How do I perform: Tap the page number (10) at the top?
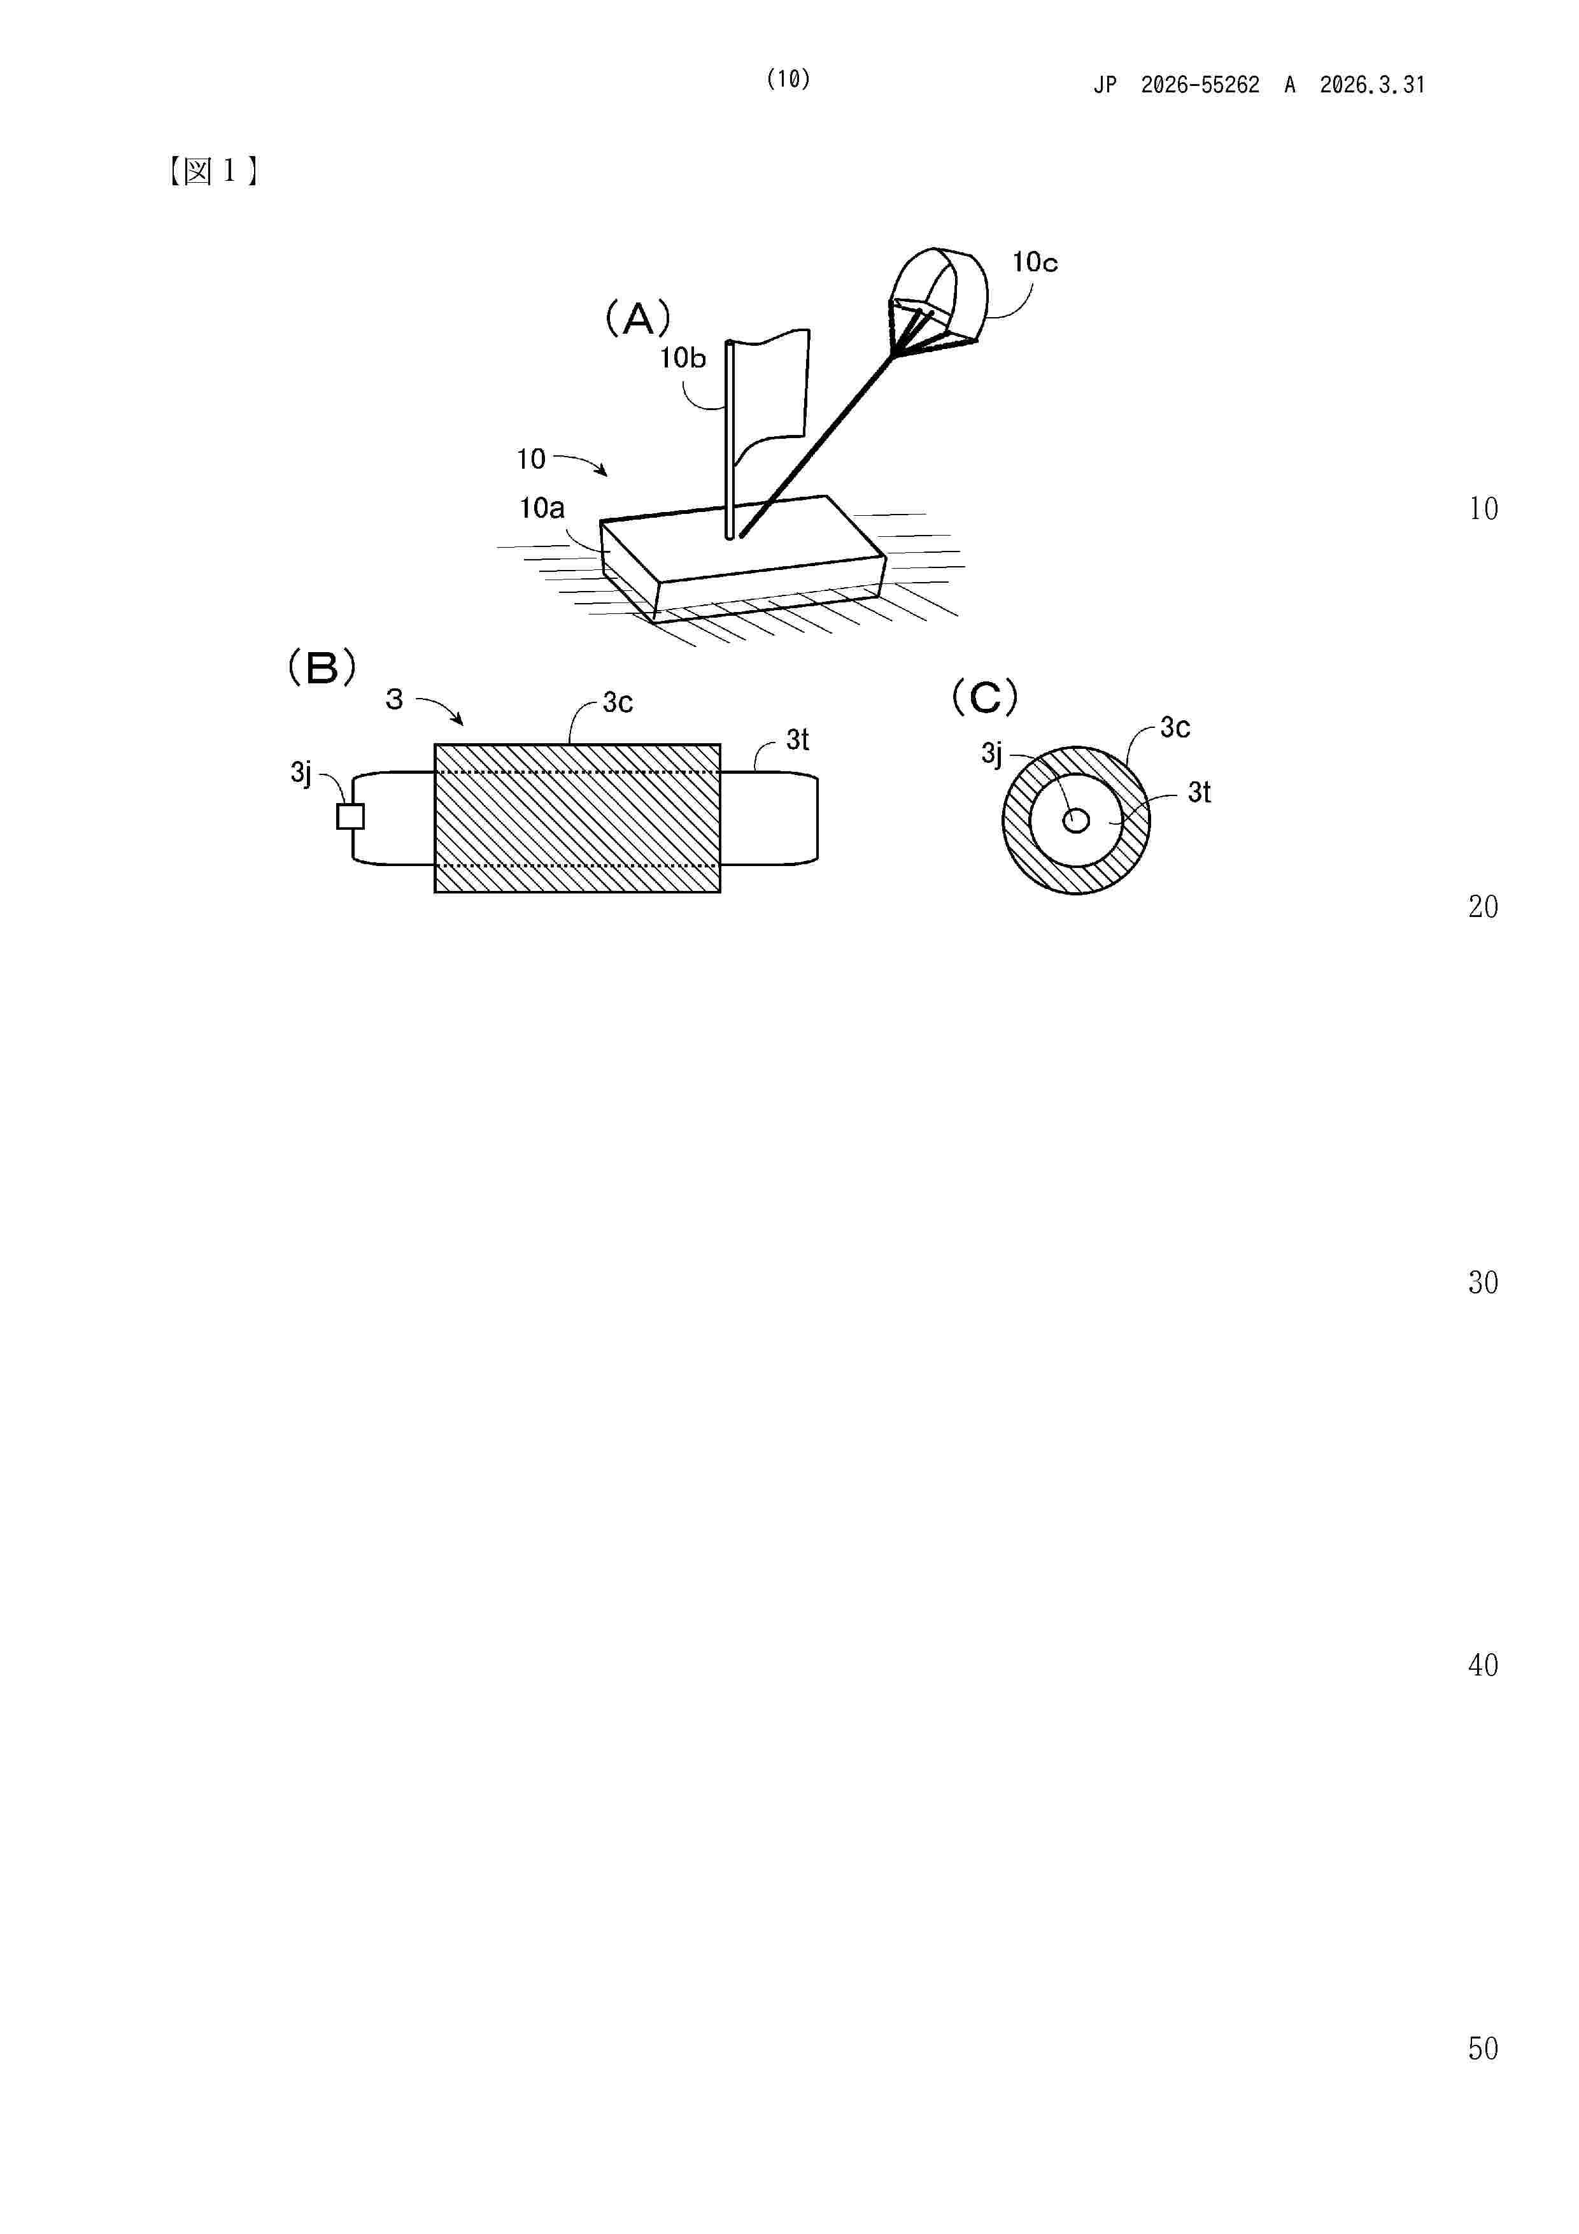(x=788, y=80)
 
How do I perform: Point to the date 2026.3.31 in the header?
(x=1372, y=85)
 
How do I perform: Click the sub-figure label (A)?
(x=638, y=318)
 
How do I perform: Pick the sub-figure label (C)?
(x=984, y=697)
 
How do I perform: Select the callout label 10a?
(x=542, y=508)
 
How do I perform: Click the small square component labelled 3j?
(x=350, y=816)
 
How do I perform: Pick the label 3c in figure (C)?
(x=1175, y=728)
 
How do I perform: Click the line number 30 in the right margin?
(x=1483, y=1283)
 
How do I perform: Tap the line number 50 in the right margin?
(x=1483, y=2049)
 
